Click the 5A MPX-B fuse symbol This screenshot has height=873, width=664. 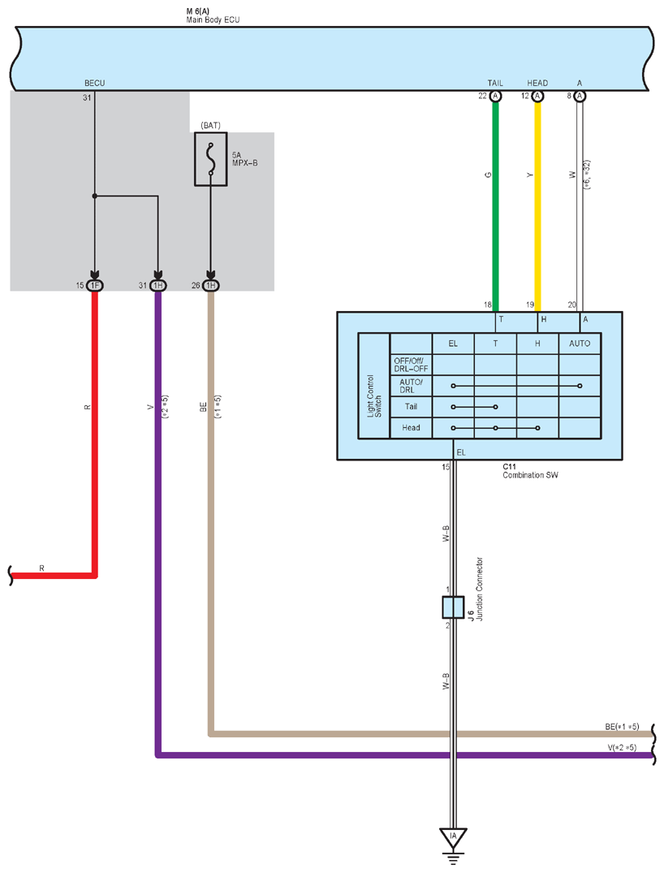tap(210, 158)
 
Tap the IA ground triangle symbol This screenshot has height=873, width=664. tap(453, 836)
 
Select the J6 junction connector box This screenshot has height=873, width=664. tap(453, 607)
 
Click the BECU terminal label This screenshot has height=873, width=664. tap(95, 83)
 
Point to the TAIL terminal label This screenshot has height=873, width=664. tap(495, 83)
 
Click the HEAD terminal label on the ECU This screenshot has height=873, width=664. tap(537, 83)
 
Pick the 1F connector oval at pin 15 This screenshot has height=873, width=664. tap(95, 286)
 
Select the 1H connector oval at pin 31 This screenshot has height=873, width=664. tap(158, 286)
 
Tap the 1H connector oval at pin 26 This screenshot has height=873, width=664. tap(211, 286)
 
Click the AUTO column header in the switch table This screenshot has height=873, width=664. tap(580, 344)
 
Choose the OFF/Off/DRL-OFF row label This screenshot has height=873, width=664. tap(411, 365)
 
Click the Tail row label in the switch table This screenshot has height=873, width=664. tap(411, 406)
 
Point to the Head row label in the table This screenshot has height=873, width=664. tap(411, 428)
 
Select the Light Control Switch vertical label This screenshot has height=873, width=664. tap(374, 395)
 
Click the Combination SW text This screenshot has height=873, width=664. tap(530, 475)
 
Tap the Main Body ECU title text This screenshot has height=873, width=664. tap(213, 19)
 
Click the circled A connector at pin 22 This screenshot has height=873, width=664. tap(495, 97)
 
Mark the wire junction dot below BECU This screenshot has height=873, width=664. tap(95, 196)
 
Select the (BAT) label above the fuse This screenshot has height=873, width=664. tap(211, 125)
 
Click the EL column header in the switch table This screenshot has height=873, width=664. tap(453, 344)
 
